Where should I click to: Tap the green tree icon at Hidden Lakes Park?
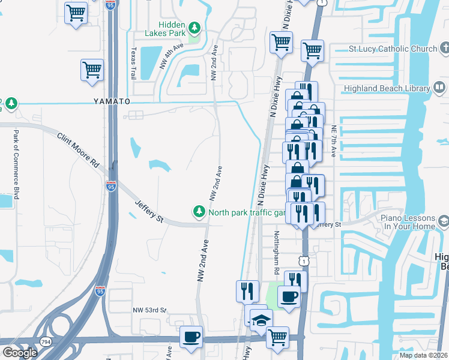pos(194,27)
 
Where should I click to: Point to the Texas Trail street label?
pos(133,64)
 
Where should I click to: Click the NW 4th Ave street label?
pos(171,56)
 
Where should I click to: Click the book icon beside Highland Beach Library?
pos(439,88)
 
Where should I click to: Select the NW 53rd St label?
pos(149,310)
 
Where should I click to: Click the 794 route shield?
pos(46,341)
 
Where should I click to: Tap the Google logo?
pos(20,352)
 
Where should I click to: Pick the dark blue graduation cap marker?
pos(261,320)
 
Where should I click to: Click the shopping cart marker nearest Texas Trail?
pos(92,70)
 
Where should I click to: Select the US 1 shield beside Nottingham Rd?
pos(304,260)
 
